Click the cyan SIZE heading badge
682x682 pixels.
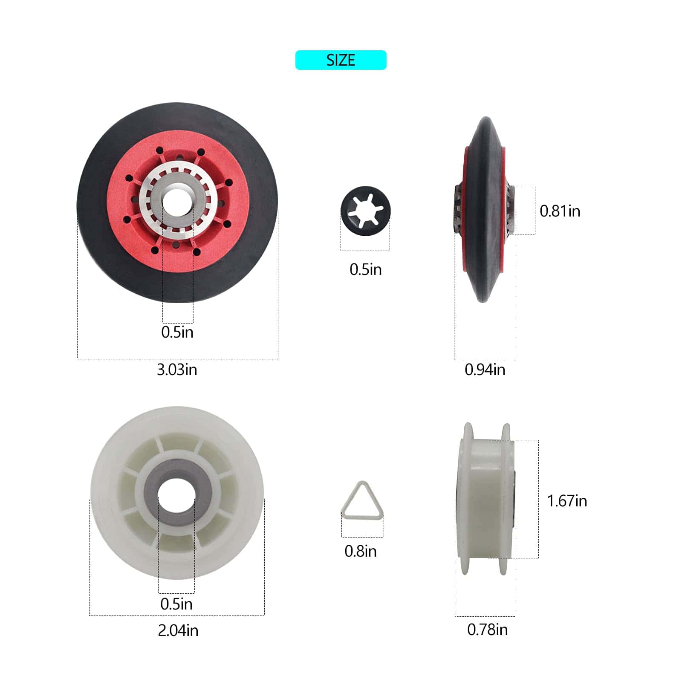coord(341,60)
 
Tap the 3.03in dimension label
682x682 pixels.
coord(177,370)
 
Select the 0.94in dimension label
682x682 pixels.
coord(485,370)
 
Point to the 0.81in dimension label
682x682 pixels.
coord(560,211)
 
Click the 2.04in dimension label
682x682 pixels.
coord(178,630)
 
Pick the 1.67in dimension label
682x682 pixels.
coord(567,501)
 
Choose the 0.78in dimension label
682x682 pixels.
coord(487,630)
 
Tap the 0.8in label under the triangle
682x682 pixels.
coord(360,551)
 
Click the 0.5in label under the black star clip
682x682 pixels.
coord(365,269)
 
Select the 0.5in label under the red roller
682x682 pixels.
coord(177,332)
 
